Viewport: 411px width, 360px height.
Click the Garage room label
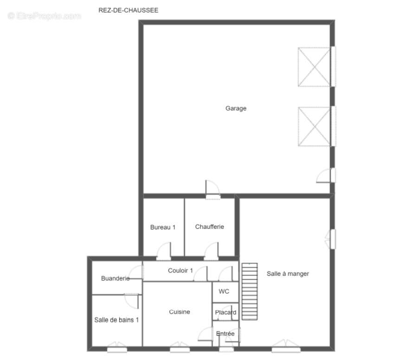tap(236, 108)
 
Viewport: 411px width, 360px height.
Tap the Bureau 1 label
tap(162, 227)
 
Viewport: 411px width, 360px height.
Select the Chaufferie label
tap(209, 227)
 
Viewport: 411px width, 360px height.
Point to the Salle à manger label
tap(288, 274)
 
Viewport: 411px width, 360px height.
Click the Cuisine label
tap(179, 311)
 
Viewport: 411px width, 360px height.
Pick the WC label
tap(224, 291)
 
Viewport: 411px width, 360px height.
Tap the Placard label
tap(225, 312)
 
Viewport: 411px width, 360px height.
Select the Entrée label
tap(225, 334)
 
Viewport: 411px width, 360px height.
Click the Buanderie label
tap(116, 278)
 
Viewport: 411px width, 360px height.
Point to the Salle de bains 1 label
tap(116, 320)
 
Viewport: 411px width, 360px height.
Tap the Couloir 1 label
tap(180, 271)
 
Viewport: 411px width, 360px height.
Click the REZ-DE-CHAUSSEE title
tap(128, 10)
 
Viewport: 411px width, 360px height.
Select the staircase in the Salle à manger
tap(250, 291)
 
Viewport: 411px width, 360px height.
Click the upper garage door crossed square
tap(314, 67)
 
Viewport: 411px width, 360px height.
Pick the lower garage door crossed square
tap(314, 126)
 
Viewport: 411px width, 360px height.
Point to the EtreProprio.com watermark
tap(44, 16)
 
